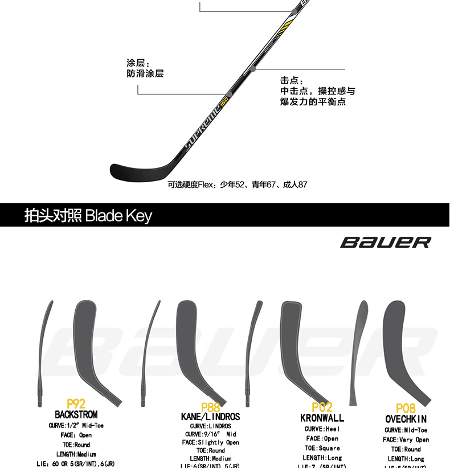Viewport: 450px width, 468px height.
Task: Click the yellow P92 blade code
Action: coord(76,404)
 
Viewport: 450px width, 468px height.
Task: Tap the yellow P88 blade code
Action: coord(210,408)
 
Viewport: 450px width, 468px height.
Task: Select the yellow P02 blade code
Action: coord(322,408)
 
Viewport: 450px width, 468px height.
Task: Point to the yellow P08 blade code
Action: coord(406,408)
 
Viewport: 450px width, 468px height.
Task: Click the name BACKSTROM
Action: coord(76,415)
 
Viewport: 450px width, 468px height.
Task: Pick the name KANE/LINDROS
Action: coord(210,417)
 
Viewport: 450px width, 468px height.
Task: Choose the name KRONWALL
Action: coord(322,418)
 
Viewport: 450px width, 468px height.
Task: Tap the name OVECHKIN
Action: coord(406,420)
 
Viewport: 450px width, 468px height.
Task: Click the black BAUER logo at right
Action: coord(386,242)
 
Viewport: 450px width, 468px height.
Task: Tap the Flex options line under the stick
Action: coord(238,184)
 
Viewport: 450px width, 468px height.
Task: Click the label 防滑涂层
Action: coord(145,73)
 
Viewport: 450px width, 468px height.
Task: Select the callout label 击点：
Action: coord(292,81)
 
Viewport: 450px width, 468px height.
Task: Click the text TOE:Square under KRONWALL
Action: coord(322,448)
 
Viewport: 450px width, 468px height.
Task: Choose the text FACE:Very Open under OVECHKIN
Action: coord(406,440)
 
